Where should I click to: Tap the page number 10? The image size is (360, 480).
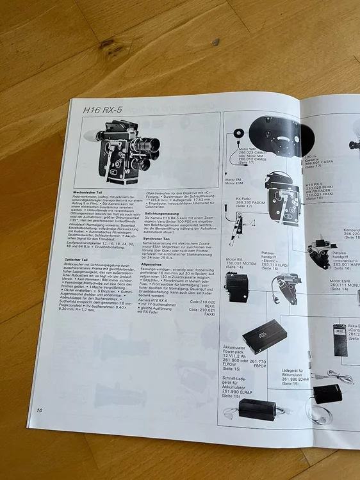coord(40,410)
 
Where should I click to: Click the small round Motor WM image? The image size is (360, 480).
coord(238,134)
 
